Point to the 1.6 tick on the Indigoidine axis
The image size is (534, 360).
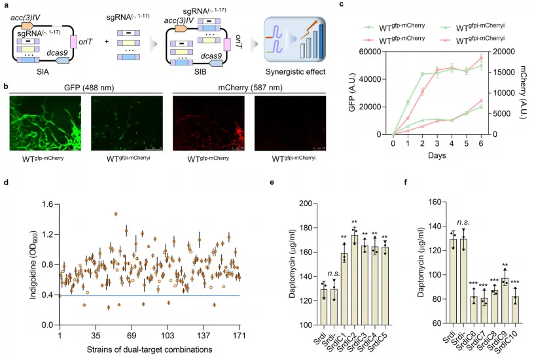click(48, 204)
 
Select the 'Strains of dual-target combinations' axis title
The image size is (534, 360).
click(151, 349)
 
